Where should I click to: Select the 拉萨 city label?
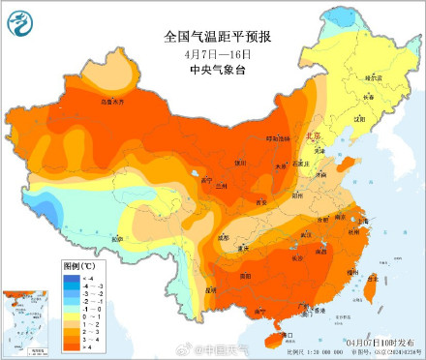(x=117, y=238)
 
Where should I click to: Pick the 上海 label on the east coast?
(x=366, y=224)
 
